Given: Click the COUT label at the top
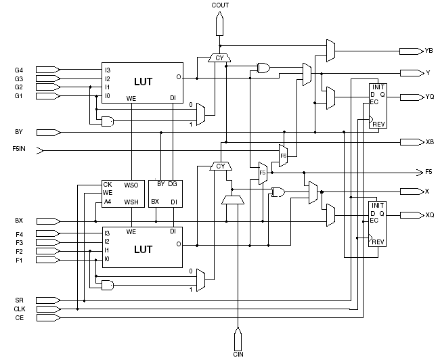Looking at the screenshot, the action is coord(220,5).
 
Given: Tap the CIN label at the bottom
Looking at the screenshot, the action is coord(238,355).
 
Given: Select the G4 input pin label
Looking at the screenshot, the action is coord(19,70).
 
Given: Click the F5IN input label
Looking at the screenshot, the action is coord(19,149).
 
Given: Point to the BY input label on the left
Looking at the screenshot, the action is coord(19,132).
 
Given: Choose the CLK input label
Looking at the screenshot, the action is coord(20,309).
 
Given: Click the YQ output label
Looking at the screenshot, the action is coord(430,97).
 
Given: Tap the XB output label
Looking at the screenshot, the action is coord(430,142).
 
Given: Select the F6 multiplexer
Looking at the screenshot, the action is coord(283,156).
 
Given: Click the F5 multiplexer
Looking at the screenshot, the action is coord(263,173).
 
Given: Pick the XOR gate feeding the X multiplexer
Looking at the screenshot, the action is coord(278,192).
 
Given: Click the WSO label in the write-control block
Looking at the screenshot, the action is coord(131,185).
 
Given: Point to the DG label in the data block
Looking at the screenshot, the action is coord(173,184).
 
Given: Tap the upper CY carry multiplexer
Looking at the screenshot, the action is coord(219,58).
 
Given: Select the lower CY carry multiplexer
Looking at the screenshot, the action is coord(221,166).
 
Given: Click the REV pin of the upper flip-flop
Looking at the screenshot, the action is coord(378,124).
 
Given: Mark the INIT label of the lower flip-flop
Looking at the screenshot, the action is coord(378,206).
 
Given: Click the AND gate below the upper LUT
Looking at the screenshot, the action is coord(108,122).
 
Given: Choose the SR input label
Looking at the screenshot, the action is coord(20,300).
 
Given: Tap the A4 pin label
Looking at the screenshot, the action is coord(108,202).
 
